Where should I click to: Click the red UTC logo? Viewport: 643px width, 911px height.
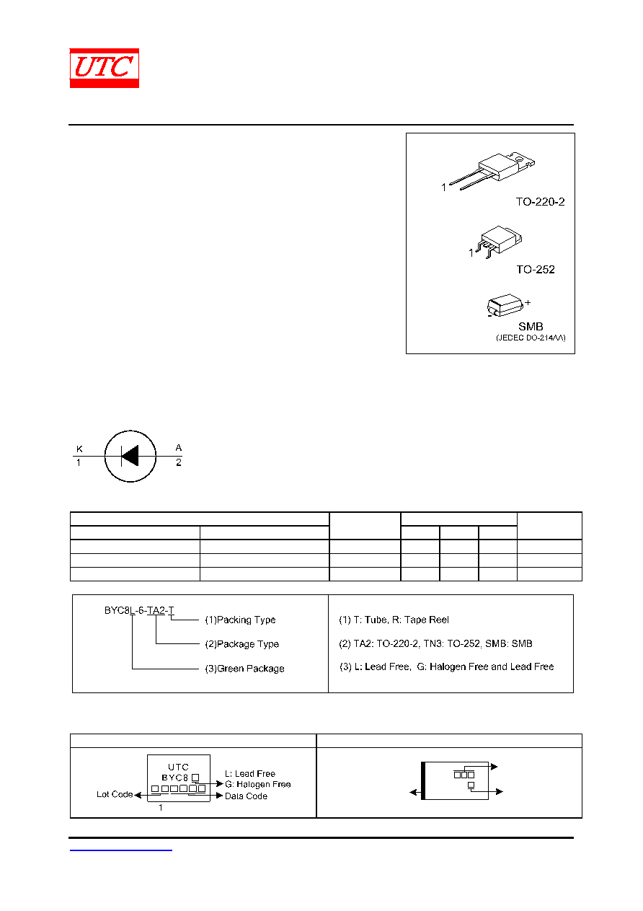click(104, 68)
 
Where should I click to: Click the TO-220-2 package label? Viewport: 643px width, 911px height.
click(540, 202)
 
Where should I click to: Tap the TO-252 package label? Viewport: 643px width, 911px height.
click(536, 269)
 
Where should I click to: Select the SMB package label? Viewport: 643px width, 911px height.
click(531, 326)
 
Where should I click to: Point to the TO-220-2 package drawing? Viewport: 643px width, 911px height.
click(492, 170)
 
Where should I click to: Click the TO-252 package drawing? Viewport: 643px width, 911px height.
click(499, 242)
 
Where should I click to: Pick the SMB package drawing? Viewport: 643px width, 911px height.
click(505, 304)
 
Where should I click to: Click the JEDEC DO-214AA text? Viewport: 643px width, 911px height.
click(531, 338)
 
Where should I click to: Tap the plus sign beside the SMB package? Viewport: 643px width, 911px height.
click(528, 302)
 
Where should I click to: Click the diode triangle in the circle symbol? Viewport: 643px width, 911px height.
click(130, 456)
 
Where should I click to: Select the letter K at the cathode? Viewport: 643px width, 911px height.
click(79, 449)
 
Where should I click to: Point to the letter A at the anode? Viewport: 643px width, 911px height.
click(179, 447)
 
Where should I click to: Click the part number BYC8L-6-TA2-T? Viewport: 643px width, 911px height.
click(139, 610)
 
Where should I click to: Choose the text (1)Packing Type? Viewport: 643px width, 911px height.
click(240, 620)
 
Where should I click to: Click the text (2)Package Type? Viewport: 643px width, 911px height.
click(241, 644)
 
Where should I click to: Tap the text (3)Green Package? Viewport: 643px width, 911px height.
click(244, 668)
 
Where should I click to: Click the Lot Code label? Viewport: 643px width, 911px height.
click(115, 794)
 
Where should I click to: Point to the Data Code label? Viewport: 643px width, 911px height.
click(246, 796)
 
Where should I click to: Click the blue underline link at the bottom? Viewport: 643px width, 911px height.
click(120, 850)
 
